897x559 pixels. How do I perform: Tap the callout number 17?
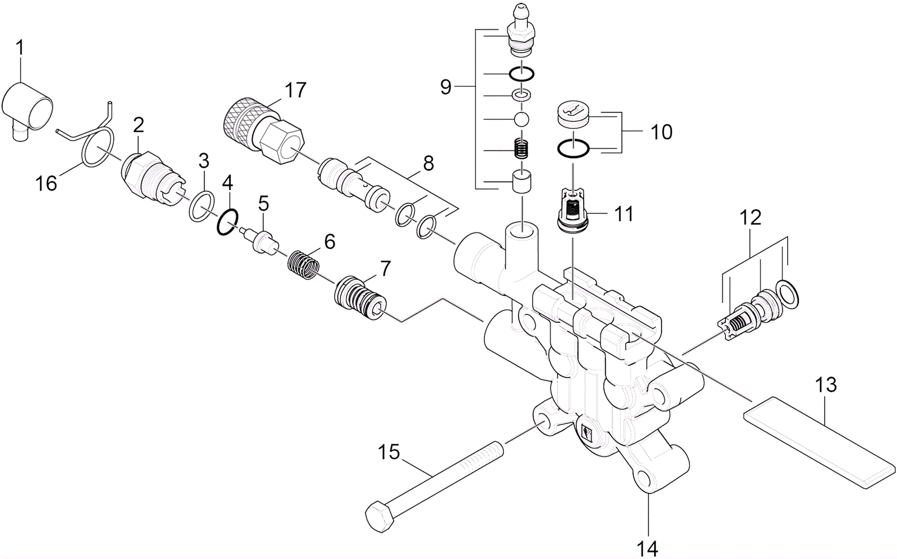(295, 90)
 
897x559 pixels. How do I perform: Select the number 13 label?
(826, 385)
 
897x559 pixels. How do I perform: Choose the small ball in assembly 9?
(522, 119)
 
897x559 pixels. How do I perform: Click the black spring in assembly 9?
(523, 150)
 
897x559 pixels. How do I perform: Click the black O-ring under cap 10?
(572, 148)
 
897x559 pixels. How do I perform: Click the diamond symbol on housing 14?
(587, 434)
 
